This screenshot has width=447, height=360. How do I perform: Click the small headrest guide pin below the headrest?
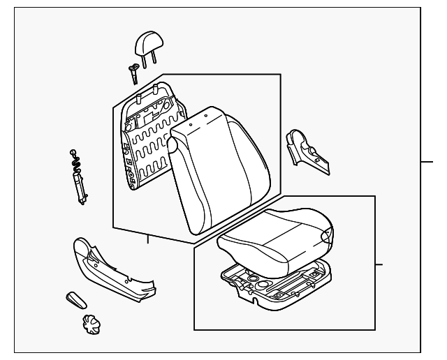click(132, 72)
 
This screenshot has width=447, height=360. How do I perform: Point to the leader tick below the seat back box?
click(147, 239)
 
